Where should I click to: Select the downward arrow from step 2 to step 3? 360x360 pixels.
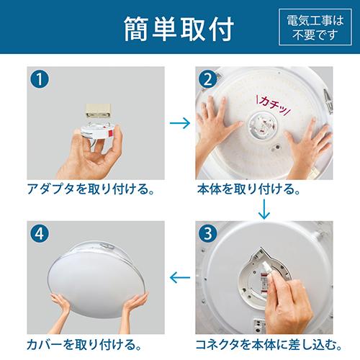coord(265,209)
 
